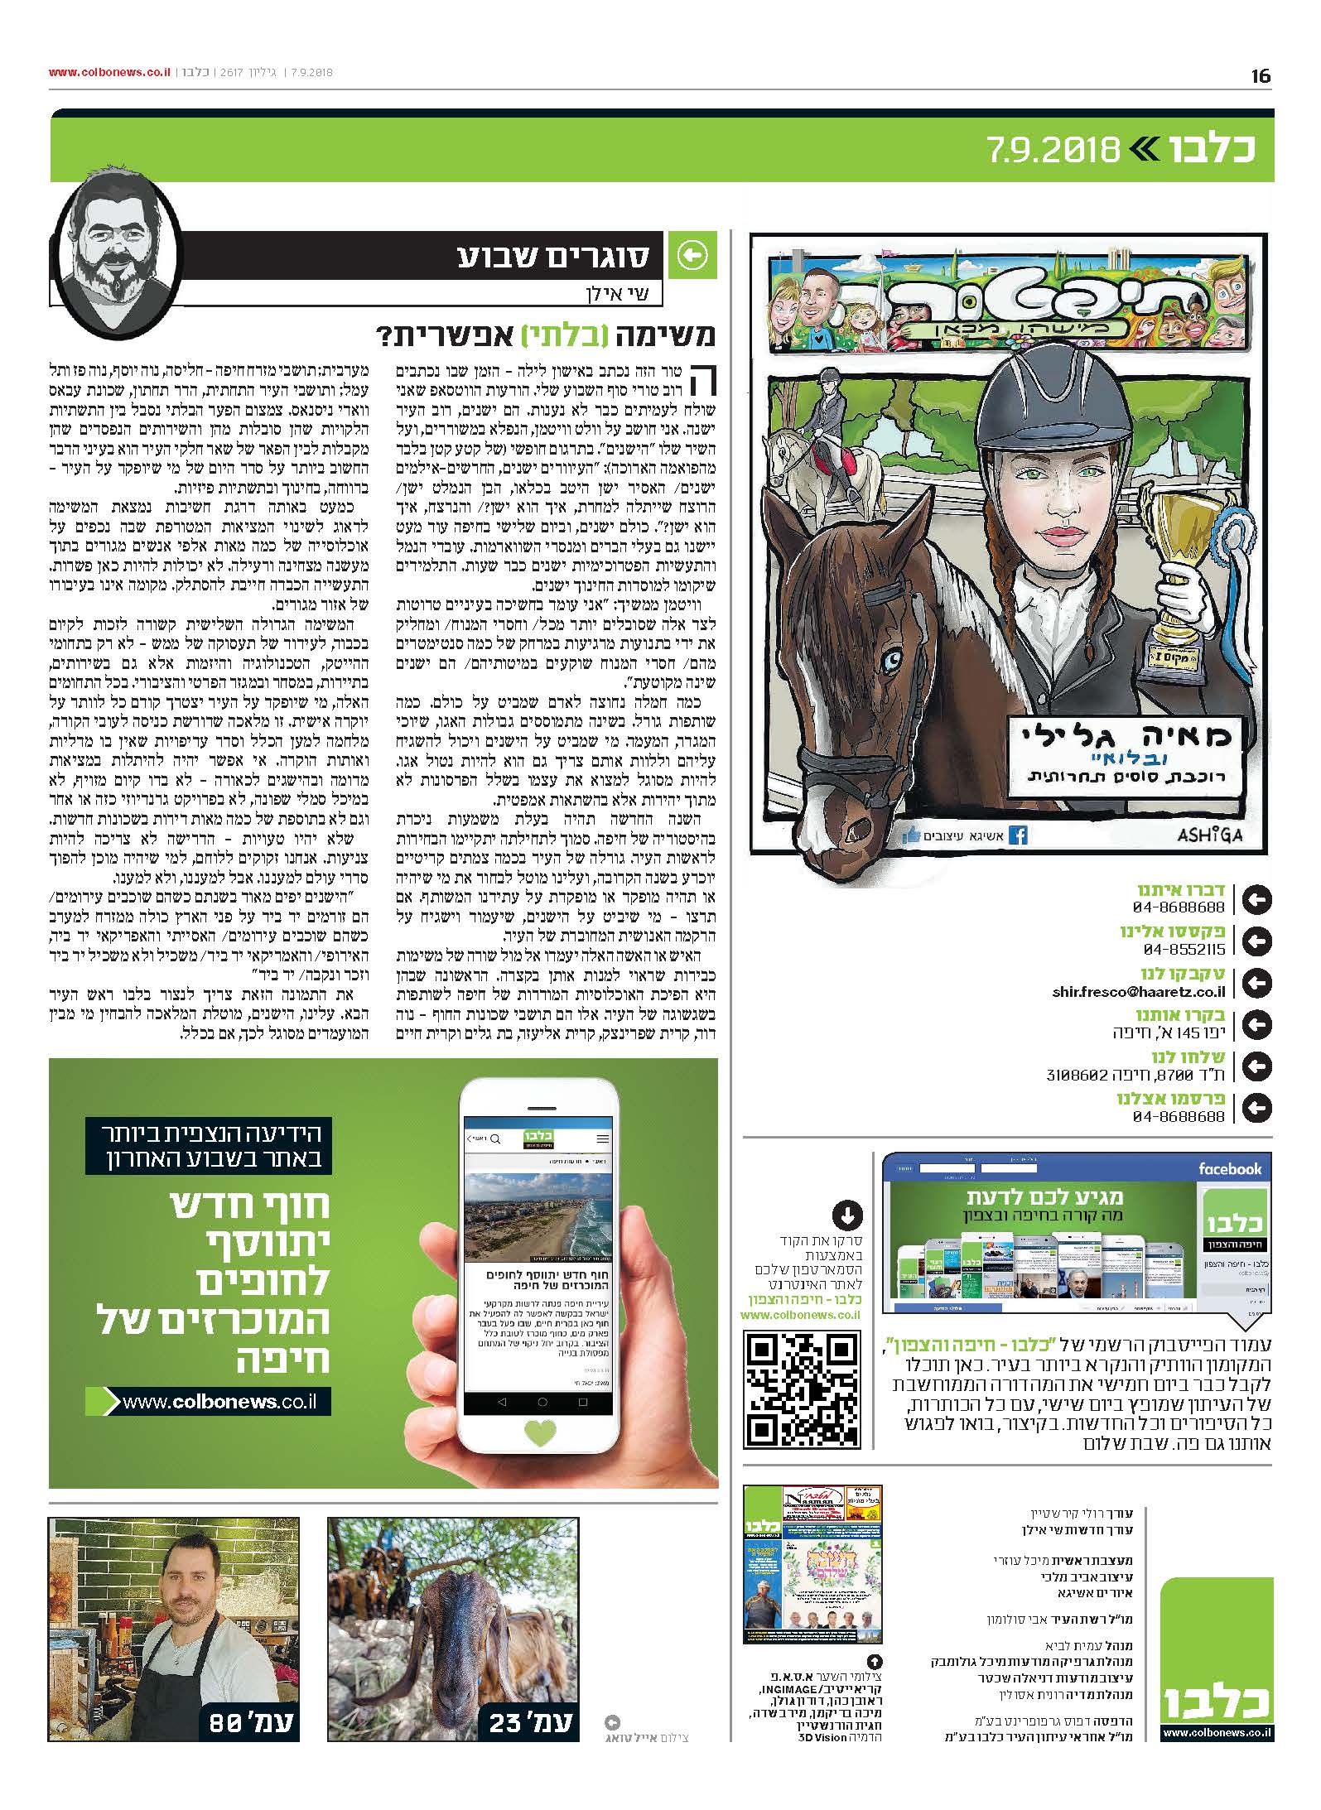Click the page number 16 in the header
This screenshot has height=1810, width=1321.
click(1261, 77)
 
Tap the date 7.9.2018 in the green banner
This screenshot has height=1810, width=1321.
click(1053, 149)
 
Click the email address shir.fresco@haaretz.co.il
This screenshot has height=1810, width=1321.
click(1139, 991)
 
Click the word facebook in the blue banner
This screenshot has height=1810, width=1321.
click(1230, 1169)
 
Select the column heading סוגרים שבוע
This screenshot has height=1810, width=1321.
click(554, 257)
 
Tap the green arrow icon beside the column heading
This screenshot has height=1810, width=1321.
click(692, 257)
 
